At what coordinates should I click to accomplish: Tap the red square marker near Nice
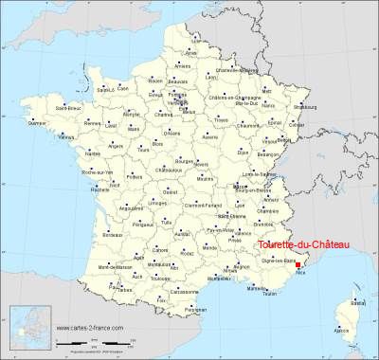325,266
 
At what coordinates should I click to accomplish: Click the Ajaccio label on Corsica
343,332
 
